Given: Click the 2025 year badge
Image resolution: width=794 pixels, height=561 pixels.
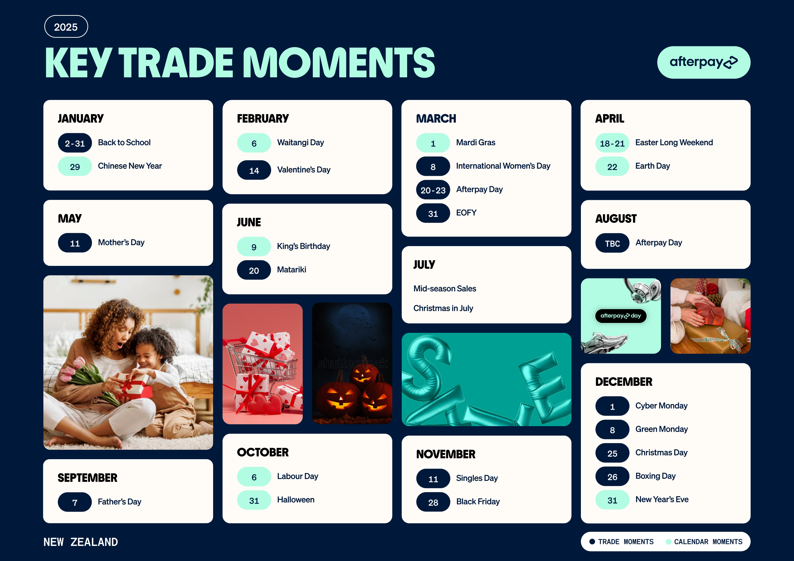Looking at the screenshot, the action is [x=66, y=27].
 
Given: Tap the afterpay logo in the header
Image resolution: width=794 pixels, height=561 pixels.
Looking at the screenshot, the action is [x=703, y=62].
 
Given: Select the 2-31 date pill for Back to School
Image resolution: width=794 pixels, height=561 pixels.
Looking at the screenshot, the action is [x=75, y=143].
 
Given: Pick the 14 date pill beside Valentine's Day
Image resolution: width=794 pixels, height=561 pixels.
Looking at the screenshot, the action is [x=254, y=170].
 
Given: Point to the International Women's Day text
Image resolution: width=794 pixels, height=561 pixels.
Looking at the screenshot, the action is [x=503, y=166].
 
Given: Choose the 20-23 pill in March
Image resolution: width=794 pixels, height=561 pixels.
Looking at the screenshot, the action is [x=433, y=190].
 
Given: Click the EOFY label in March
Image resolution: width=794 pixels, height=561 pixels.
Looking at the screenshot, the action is [x=466, y=213].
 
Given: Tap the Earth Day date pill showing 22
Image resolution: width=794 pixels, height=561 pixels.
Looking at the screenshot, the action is [x=612, y=166].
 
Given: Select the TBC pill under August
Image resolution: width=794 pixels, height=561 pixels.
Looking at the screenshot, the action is [x=612, y=243].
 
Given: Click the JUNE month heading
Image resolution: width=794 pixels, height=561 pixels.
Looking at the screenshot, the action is [x=249, y=222].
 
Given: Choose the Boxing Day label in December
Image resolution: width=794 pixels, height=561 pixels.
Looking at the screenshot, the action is [x=655, y=476].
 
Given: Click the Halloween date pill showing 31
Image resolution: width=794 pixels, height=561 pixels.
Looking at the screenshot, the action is [x=254, y=500].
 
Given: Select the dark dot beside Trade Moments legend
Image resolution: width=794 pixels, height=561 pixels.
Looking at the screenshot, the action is [x=592, y=542].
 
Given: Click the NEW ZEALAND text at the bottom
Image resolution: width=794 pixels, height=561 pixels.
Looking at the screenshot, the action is [x=81, y=542].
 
